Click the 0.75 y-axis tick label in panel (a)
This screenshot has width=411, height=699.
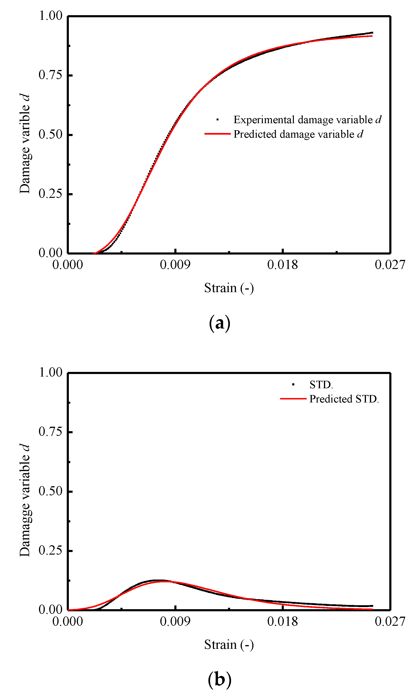tap(50, 75)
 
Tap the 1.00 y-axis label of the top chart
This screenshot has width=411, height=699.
tap(50, 16)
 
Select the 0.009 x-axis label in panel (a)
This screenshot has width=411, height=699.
tap(175, 265)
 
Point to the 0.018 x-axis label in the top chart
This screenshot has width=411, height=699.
tap(282, 265)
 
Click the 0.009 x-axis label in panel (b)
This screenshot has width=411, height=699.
tap(175, 621)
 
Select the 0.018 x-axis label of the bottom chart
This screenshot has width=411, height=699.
tap(282, 621)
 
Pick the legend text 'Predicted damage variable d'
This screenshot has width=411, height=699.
tap(298, 134)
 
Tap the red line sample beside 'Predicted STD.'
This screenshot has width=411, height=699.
tap(293, 398)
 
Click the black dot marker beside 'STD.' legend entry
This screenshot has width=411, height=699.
tap(293, 384)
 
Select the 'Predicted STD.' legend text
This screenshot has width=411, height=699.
tap(344, 399)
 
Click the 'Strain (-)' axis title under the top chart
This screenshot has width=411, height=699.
tap(229, 288)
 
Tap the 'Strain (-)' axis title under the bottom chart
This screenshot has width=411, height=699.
tap(229, 644)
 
